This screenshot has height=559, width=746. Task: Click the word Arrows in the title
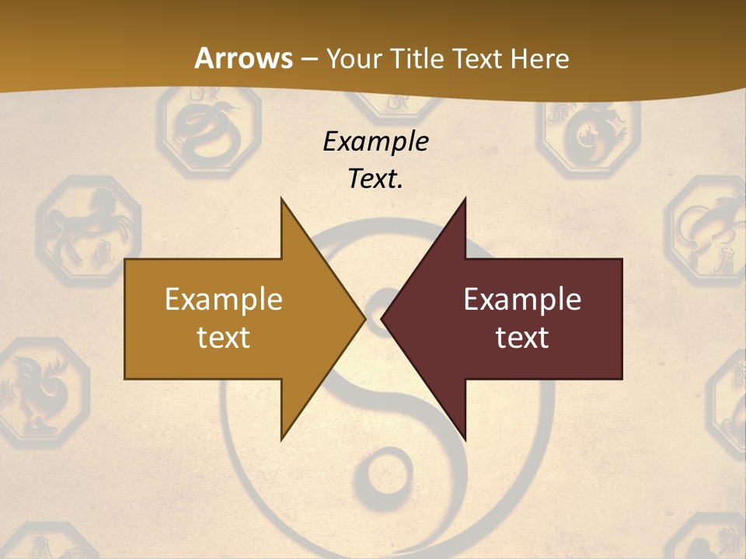coord(243,58)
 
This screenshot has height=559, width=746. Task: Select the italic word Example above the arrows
coord(375,141)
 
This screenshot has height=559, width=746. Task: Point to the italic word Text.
coord(375,179)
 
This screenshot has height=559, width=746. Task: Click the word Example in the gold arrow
coord(224,299)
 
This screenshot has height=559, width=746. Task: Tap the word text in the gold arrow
coord(224,337)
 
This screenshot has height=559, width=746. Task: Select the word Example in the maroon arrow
coord(522,299)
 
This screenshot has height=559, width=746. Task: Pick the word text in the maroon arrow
coord(522,337)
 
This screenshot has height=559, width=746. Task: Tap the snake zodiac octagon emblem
coord(200,128)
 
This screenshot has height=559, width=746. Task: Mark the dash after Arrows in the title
coord(309,59)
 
